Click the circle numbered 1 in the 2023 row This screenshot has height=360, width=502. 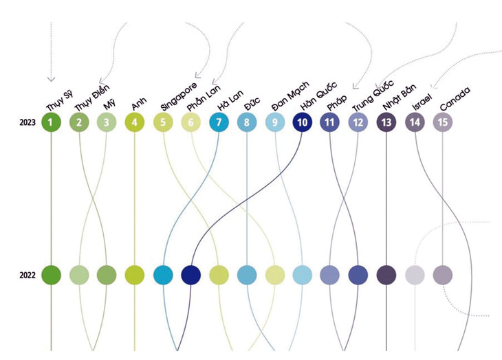pos(51,123)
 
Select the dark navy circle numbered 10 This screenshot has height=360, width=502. pos(302,123)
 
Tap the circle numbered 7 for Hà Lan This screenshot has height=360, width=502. pos(219,123)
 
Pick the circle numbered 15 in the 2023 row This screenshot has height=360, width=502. pos(443,123)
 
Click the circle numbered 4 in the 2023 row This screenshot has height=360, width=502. pos(135,123)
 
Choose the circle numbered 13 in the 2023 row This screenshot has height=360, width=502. pos(387,123)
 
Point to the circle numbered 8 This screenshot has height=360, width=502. pos(246,123)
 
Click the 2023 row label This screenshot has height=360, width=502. pos(28,123)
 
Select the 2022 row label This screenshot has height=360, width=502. pos(28,275)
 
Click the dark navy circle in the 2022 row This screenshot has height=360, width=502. pos(190,275)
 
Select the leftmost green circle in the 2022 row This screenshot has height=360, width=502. pos(51,275)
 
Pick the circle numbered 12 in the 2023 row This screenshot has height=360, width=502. pos(358,123)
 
